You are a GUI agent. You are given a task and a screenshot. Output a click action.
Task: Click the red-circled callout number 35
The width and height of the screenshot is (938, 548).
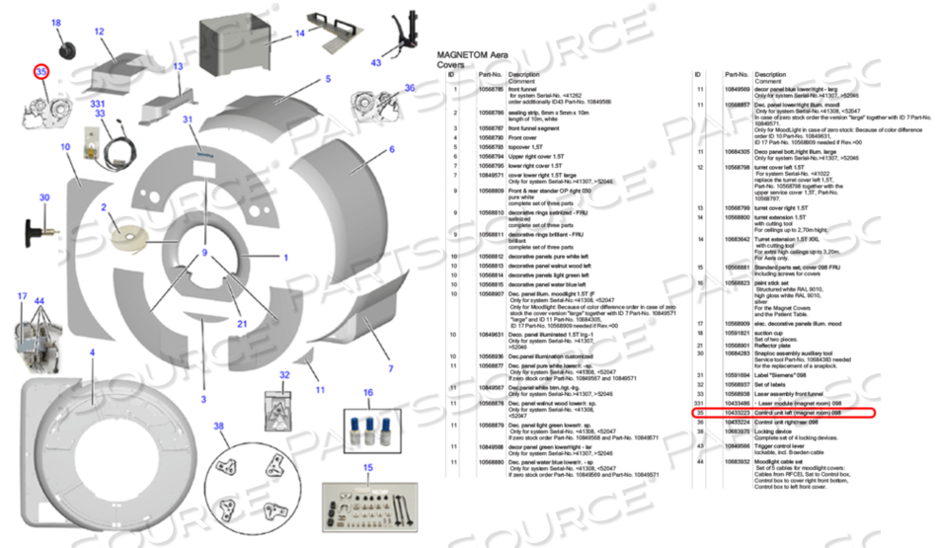(41, 72)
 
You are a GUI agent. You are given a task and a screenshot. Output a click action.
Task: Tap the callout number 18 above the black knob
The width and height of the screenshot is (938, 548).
(55, 23)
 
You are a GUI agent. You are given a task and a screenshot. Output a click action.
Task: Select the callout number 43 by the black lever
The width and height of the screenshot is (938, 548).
(376, 62)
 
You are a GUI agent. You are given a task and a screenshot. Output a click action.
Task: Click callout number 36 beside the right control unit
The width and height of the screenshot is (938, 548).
(410, 88)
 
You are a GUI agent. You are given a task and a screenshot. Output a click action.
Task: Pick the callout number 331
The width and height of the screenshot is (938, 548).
(98, 103)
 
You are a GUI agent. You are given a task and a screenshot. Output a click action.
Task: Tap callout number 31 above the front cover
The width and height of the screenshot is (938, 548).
(188, 119)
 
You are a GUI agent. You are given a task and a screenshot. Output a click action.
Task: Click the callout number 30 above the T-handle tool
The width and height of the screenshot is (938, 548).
(44, 198)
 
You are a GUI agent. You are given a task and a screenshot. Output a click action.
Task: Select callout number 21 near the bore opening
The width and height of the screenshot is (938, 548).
(242, 323)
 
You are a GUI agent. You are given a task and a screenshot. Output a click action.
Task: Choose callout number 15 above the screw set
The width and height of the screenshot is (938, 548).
(368, 467)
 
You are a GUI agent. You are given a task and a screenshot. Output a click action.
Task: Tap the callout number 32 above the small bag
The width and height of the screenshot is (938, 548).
(283, 375)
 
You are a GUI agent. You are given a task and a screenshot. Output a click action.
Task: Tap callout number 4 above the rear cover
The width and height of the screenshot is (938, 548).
(92, 352)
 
